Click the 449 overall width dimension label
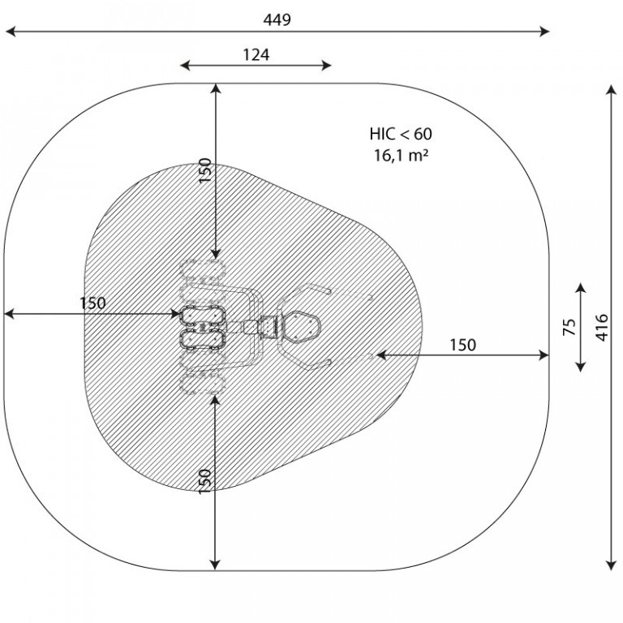click(x=277, y=19)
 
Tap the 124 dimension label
click(x=256, y=54)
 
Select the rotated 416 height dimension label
click(x=602, y=328)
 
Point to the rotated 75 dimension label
click(x=569, y=327)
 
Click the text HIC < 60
click(x=401, y=134)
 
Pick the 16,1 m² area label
click(x=401, y=155)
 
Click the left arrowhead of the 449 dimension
click(x=11, y=32)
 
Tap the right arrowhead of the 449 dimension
click(x=544, y=32)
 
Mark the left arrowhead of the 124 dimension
click(x=185, y=66)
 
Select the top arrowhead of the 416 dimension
click(x=611, y=90)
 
